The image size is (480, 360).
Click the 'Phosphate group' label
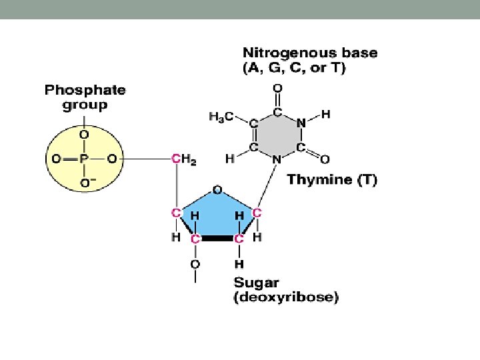[x=85, y=97]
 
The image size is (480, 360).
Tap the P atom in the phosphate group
[x=85, y=159]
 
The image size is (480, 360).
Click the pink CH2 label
[x=183, y=159]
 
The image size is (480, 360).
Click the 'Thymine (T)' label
[x=331, y=180]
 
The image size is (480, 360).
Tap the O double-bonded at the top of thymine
[x=277, y=87]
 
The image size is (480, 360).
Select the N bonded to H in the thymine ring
[x=301, y=123]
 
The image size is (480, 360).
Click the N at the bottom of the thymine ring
[x=277, y=159]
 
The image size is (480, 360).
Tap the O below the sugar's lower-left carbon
[x=195, y=264]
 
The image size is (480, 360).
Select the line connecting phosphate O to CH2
[x=145, y=159]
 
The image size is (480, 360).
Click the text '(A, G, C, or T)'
[x=294, y=68]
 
